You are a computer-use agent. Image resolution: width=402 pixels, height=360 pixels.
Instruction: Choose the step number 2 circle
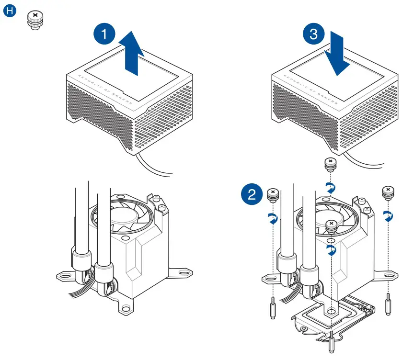click(x=252, y=195)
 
